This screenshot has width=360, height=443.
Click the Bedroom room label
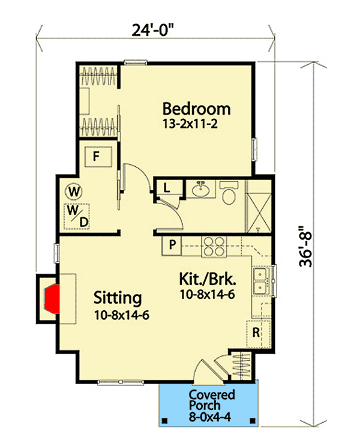click(197, 109)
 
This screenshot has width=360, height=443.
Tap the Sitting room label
click(118, 297)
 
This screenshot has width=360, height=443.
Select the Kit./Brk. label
click(207, 279)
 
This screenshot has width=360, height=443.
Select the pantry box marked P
click(172, 245)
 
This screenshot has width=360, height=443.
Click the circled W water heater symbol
click(74, 192)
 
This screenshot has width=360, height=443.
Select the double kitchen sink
click(260, 281)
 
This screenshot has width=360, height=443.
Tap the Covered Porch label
click(212, 400)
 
